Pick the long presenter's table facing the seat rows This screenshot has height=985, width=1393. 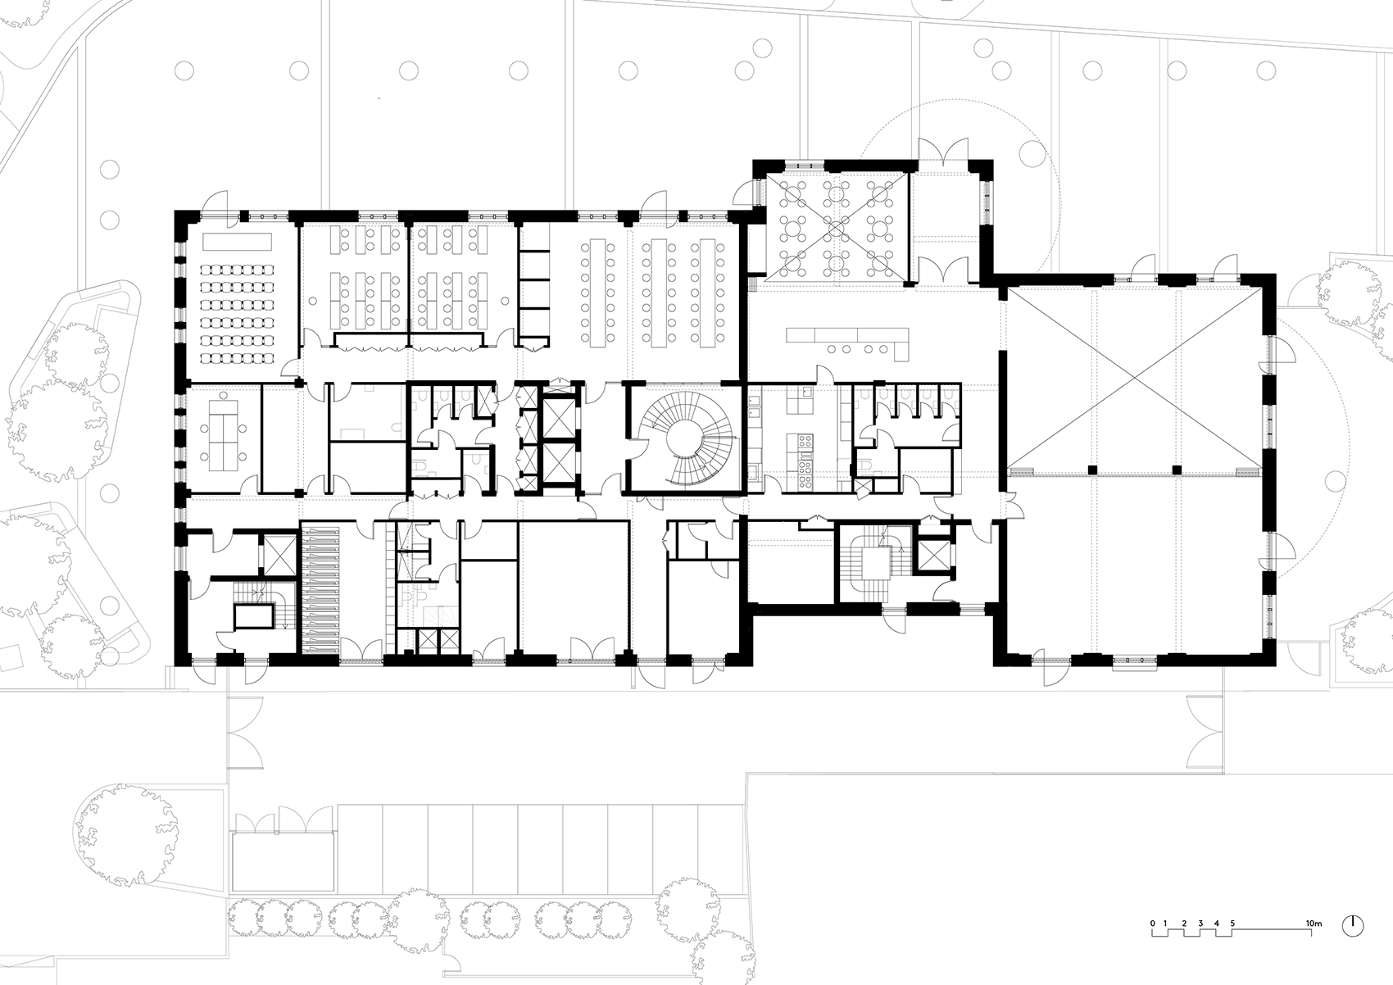pos(236,242)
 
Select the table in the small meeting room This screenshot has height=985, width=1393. pos(223,429)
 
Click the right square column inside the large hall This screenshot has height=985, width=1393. pos(1176,470)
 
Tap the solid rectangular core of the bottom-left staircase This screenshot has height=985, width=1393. pos(254,616)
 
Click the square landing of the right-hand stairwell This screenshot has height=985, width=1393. pos(876,565)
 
